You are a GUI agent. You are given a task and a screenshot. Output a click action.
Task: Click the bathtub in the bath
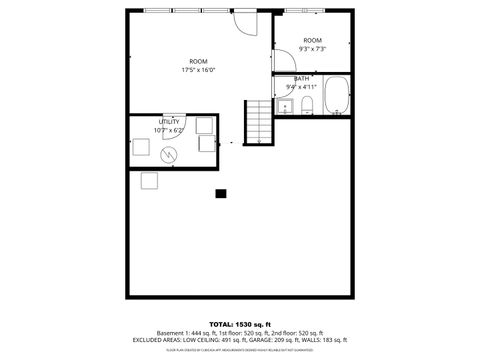[x=335, y=98]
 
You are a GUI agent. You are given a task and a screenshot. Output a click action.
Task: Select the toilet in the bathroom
[x=308, y=106]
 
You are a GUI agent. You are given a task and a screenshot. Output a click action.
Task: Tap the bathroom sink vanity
[x=285, y=107]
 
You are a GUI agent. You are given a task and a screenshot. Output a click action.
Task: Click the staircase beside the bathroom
[x=259, y=121]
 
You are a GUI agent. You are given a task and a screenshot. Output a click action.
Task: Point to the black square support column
[x=221, y=194]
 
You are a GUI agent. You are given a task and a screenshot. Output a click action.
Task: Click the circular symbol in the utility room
[x=168, y=153]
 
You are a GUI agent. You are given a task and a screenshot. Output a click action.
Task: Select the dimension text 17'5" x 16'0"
[x=198, y=70]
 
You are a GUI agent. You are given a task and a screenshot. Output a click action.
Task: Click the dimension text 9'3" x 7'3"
[x=313, y=48]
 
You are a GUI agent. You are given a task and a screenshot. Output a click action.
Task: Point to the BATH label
[x=301, y=78]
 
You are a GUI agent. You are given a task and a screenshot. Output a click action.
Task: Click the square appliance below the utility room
[x=150, y=180]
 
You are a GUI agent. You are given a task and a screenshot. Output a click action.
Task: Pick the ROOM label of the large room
[x=198, y=61]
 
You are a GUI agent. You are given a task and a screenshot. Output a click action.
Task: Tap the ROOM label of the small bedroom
[x=313, y=40]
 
